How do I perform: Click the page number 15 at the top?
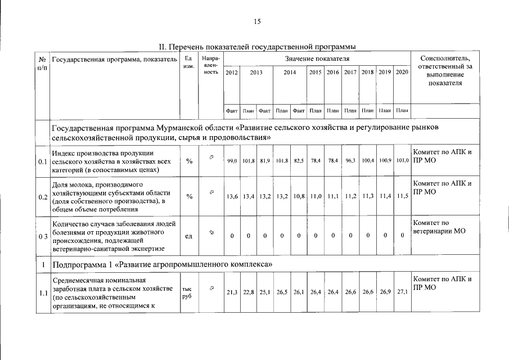[x=257, y=21]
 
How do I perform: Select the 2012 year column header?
[x=231, y=73]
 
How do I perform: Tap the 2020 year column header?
[x=402, y=73]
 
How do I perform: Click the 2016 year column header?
[x=333, y=73]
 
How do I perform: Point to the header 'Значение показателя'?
[x=317, y=58]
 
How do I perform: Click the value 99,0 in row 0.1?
[x=232, y=161]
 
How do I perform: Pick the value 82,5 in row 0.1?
[x=299, y=161]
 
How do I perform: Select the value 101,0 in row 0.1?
[x=402, y=161]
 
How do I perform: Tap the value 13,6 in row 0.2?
[x=232, y=197]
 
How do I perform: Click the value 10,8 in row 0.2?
[x=299, y=197]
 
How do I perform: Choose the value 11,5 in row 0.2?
[x=402, y=197]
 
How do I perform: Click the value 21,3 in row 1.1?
[x=232, y=292]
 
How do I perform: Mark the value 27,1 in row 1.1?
[x=402, y=292]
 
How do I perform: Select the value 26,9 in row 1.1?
[x=385, y=292]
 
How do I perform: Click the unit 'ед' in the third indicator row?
[x=188, y=236]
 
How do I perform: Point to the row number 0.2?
[x=42, y=197]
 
